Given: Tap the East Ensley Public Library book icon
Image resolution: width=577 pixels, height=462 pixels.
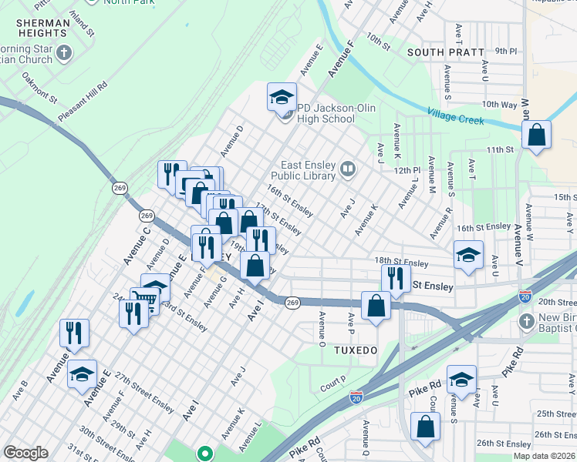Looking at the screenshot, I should (x=348, y=169).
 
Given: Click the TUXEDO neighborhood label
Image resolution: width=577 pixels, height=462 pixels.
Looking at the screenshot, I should (x=356, y=350).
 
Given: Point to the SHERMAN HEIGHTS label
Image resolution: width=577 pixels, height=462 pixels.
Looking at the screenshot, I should (x=42, y=28).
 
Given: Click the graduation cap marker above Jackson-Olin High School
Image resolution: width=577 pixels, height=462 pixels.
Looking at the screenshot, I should (x=282, y=96).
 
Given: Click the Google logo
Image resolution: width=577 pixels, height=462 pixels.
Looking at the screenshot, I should (x=26, y=452).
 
